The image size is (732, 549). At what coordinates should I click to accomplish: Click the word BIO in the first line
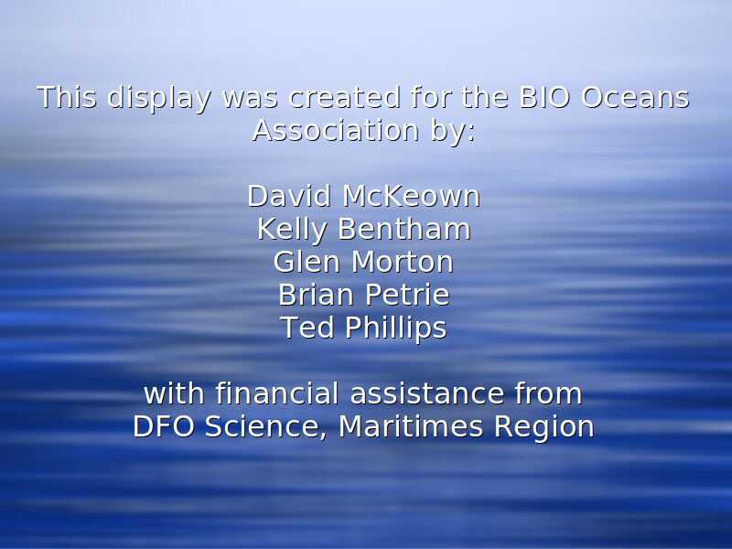point(544,97)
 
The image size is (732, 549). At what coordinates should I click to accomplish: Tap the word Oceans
point(635,97)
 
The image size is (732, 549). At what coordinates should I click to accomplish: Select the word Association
point(336,130)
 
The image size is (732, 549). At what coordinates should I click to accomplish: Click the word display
point(159,99)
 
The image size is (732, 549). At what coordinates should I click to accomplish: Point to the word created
point(345,97)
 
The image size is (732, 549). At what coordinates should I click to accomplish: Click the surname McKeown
point(411,196)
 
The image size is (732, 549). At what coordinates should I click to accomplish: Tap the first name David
point(289,196)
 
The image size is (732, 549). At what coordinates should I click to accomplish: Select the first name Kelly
point(292,231)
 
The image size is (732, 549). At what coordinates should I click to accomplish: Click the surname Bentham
point(404,229)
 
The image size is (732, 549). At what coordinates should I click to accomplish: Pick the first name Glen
point(307,262)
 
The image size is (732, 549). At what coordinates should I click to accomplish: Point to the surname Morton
point(403,262)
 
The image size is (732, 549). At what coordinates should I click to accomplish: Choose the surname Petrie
point(407,295)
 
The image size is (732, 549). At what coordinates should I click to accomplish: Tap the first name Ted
point(307,328)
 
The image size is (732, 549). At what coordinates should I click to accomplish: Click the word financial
point(277,393)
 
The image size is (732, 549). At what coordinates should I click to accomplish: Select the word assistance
point(427,393)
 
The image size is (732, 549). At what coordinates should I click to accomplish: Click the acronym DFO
point(164,426)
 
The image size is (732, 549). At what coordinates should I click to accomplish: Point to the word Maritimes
point(411,426)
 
